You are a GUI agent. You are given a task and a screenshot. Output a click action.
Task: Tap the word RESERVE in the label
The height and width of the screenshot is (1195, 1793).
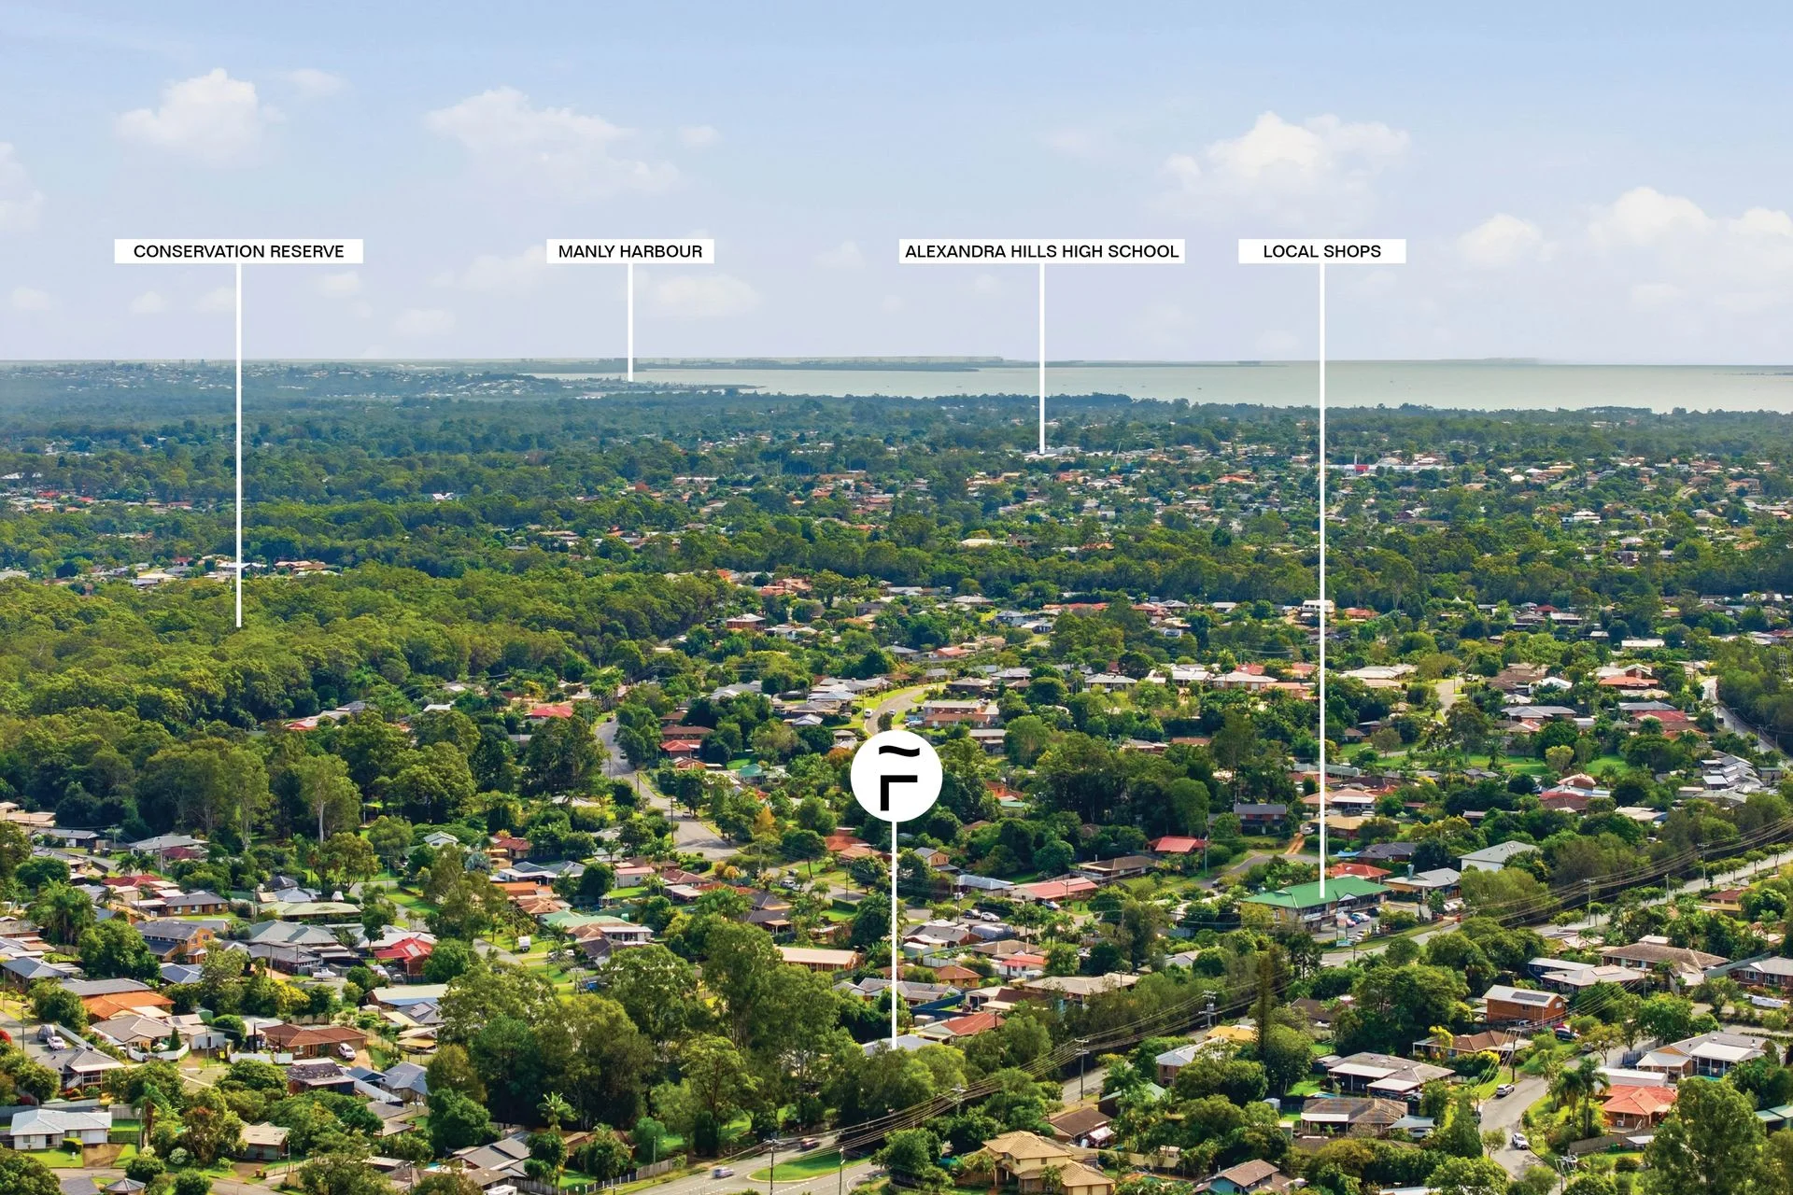tap(309, 251)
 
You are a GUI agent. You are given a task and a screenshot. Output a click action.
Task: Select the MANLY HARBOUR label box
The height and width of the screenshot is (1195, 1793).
tap(630, 251)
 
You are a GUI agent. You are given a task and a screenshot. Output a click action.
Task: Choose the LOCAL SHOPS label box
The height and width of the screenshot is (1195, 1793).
tap(1321, 251)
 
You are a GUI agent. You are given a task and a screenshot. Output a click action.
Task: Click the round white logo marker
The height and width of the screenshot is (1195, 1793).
tap(896, 777)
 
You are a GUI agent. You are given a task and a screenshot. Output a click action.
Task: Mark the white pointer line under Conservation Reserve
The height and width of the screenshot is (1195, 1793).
tap(238, 445)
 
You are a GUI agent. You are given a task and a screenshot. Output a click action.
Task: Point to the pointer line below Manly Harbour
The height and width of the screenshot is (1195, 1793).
tap(629, 322)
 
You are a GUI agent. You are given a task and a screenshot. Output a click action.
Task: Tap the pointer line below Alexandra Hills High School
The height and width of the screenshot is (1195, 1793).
tap(1041, 358)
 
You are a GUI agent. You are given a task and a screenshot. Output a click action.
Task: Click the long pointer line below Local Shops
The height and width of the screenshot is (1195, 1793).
tap(1321, 572)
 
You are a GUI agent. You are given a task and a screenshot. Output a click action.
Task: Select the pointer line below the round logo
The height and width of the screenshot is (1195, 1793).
tap(894, 935)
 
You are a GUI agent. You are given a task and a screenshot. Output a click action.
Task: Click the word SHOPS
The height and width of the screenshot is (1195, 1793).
tap(1350, 251)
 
